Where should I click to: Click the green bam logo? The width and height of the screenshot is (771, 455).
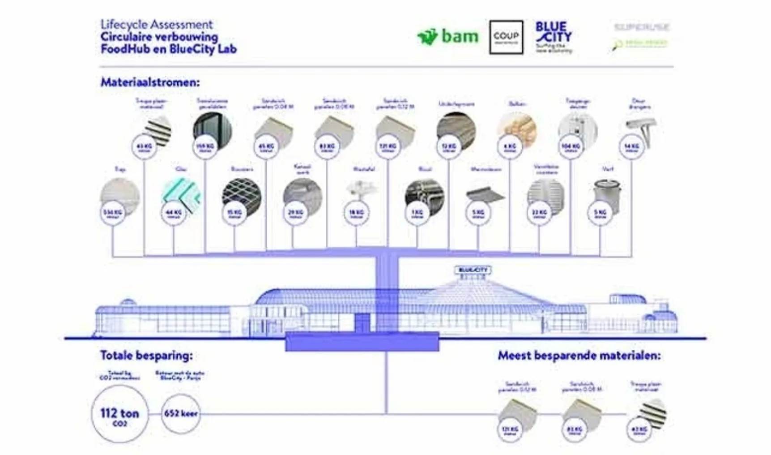point(447,36)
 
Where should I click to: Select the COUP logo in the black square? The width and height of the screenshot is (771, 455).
point(506,37)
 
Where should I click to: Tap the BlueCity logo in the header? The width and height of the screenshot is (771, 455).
point(554,37)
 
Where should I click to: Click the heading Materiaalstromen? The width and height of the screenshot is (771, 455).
point(150,82)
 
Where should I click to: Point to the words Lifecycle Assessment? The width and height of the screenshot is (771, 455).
point(156,24)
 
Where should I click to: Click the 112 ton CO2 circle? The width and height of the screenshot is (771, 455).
point(119,414)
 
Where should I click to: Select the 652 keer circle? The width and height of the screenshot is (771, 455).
point(180,413)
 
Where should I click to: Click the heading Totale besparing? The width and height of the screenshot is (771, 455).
point(146,356)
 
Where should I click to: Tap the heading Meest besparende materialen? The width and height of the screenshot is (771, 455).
point(579,356)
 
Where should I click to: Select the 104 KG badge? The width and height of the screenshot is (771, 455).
point(571,146)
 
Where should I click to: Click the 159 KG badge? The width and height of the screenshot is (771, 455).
point(205,146)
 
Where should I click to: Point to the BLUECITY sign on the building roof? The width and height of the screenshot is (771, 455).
point(473,270)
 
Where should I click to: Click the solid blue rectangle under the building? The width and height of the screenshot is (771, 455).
point(362,343)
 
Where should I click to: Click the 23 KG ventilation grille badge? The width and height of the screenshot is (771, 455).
point(539,213)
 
